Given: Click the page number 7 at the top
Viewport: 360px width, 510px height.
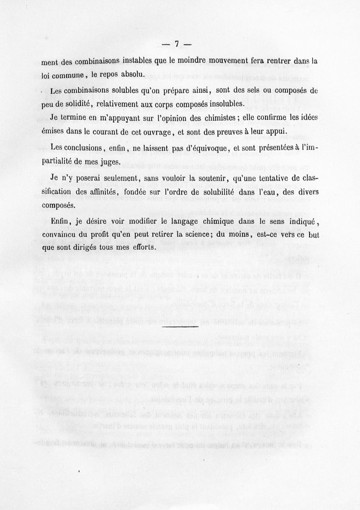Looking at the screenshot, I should (177, 44).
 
